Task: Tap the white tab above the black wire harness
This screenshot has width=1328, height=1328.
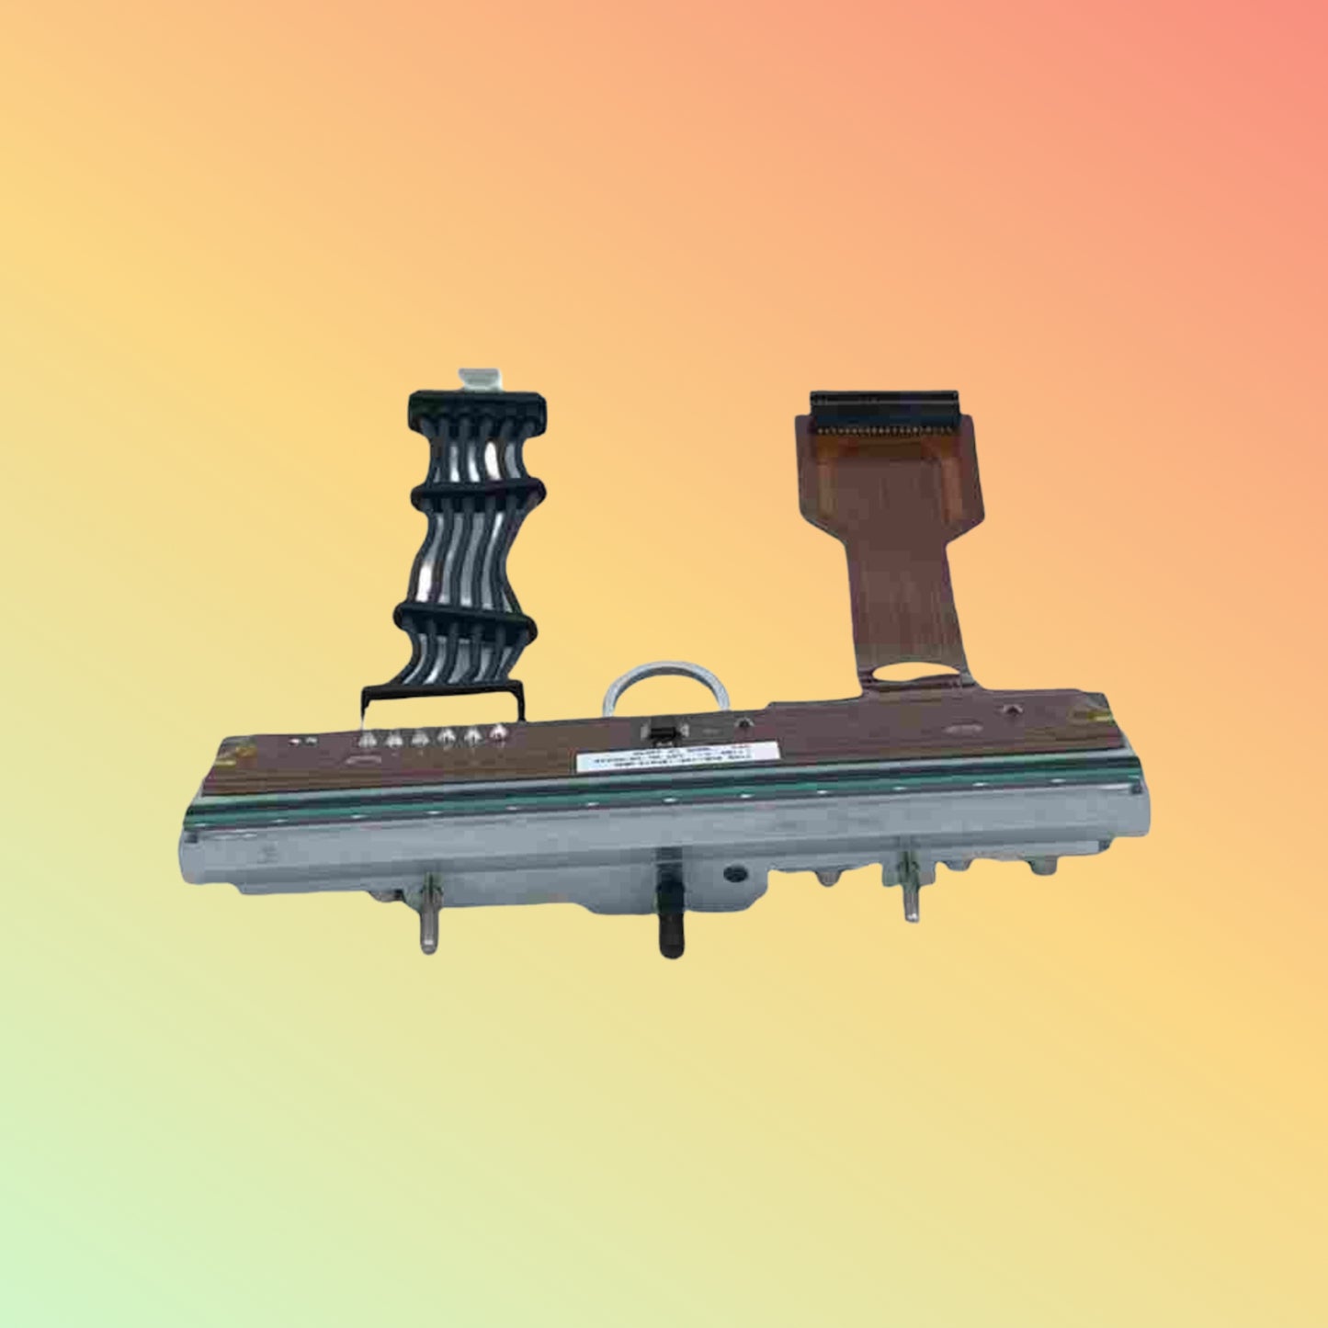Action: point(475,379)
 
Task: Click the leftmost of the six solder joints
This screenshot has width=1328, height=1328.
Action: point(369,737)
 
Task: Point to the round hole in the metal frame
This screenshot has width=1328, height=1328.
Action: point(733,871)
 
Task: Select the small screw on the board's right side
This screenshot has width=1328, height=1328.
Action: point(1011,709)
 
